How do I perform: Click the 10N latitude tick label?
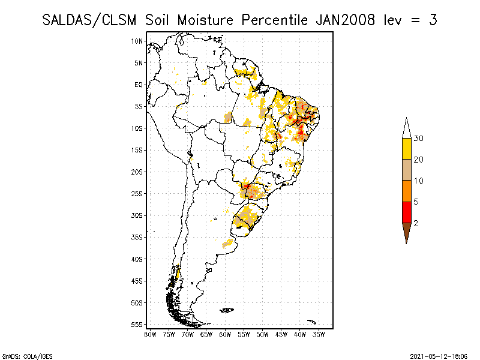coord(137,41)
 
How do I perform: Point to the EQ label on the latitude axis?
coord(139,85)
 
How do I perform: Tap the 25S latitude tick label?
coord(137,194)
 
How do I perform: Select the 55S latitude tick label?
coord(137,325)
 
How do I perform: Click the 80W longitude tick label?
coord(150,334)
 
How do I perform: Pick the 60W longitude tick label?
coord(225,334)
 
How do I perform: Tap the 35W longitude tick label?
coord(319,334)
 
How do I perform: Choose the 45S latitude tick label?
coord(137,281)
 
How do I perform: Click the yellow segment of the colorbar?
coord(407,149)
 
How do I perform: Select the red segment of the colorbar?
coord(407,212)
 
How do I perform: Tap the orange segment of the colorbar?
coord(407,191)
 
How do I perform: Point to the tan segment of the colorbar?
coord(407,170)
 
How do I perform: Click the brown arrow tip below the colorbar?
coord(407,233)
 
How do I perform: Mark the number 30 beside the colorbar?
coord(419,139)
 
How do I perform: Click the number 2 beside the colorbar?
coord(416,223)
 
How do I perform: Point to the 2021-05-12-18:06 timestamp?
coord(439,355)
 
